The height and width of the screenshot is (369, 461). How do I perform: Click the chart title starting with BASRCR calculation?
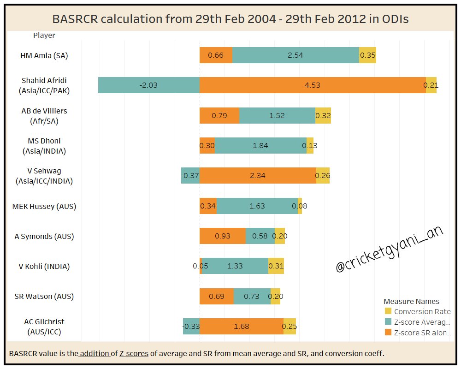(x=230, y=19)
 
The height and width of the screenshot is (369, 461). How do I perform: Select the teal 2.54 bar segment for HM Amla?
(x=296, y=55)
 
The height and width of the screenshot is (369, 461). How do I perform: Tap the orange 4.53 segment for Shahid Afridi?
(x=313, y=85)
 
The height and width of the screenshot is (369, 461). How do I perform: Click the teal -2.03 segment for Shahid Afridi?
(x=149, y=85)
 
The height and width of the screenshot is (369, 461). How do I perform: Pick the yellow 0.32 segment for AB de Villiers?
(x=323, y=115)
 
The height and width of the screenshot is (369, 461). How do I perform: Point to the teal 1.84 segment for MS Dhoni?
(x=260, y=145)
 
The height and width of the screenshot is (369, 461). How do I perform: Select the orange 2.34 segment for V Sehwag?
(x=258, y=175)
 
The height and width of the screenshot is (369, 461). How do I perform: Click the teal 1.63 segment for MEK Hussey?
(x=257, y=206)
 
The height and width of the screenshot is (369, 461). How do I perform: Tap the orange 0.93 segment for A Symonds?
(x=223, y=236)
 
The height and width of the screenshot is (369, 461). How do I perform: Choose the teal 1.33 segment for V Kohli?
(x=235, y=266)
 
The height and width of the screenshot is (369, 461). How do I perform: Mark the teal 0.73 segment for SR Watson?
(x=252, y=296)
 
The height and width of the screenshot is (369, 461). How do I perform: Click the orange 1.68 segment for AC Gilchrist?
(x=242, y=326)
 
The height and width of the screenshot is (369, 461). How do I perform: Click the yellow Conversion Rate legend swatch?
(x=388, y=311)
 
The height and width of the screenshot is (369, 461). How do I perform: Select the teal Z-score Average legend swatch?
(x=388, y=322)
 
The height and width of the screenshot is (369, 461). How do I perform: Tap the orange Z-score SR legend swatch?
(x=388, y=333)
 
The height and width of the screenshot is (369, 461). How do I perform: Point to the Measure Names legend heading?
(x=411, y=301)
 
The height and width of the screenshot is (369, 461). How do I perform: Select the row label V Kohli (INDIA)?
(x=44, y=266)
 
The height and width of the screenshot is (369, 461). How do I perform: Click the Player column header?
(x=44, y=35)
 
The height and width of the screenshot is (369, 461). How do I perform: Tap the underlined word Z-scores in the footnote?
(x=134, y=353)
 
